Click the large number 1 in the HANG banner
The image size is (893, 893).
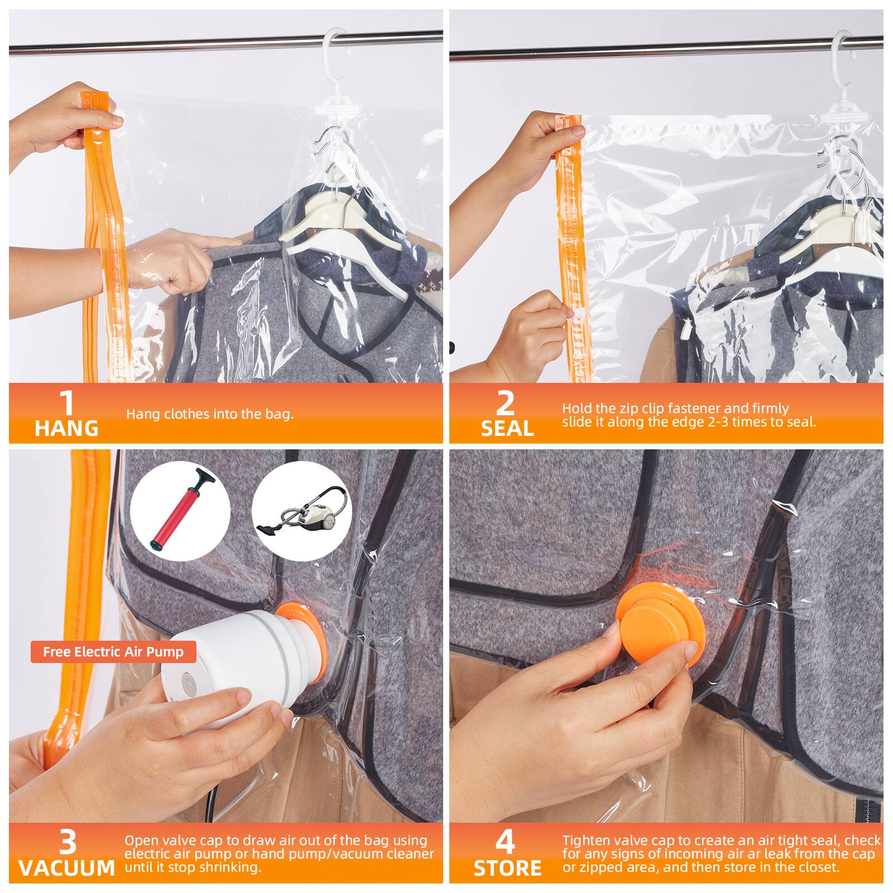[66, 404]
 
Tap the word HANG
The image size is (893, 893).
[66, 429]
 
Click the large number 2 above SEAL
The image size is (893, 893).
[506, 404]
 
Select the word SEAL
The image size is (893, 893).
[507, 429]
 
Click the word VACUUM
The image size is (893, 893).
[66, 868]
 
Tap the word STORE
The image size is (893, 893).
[507, 868]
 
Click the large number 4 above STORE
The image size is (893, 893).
[506, 843]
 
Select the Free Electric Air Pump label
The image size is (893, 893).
[113, 652]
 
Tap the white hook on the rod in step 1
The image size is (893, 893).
[334, 42]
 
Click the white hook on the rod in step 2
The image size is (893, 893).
[843, 45]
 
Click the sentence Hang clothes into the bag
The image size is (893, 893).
[210, 414]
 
